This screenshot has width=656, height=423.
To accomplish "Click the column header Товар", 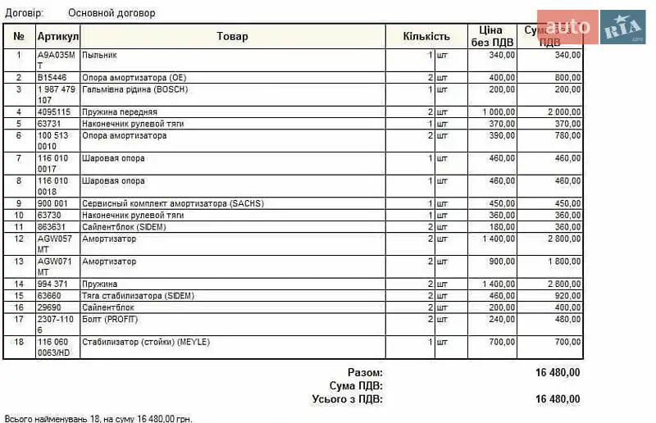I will (232, 36).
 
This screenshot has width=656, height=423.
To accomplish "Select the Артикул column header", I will (57, 37).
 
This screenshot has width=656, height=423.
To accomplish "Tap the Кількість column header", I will (426, 36).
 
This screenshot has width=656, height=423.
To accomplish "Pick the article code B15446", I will (52, 78).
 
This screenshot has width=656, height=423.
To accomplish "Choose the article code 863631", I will (52, 227).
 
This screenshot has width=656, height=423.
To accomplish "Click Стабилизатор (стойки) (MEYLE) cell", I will (146, 342).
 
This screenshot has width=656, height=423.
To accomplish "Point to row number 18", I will (19, 342).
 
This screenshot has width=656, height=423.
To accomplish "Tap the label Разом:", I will (365, 372).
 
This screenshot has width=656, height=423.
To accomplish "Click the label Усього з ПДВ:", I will (348, 399).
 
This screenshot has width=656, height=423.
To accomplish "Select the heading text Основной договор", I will (112, 13).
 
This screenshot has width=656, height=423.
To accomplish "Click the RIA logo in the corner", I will (625, 27).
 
